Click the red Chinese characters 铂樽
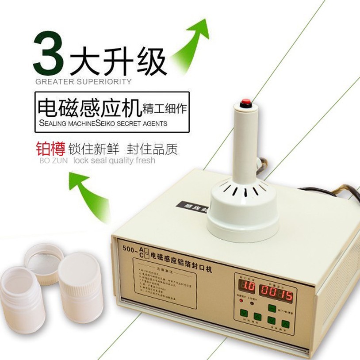click(x=46, y=149)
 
